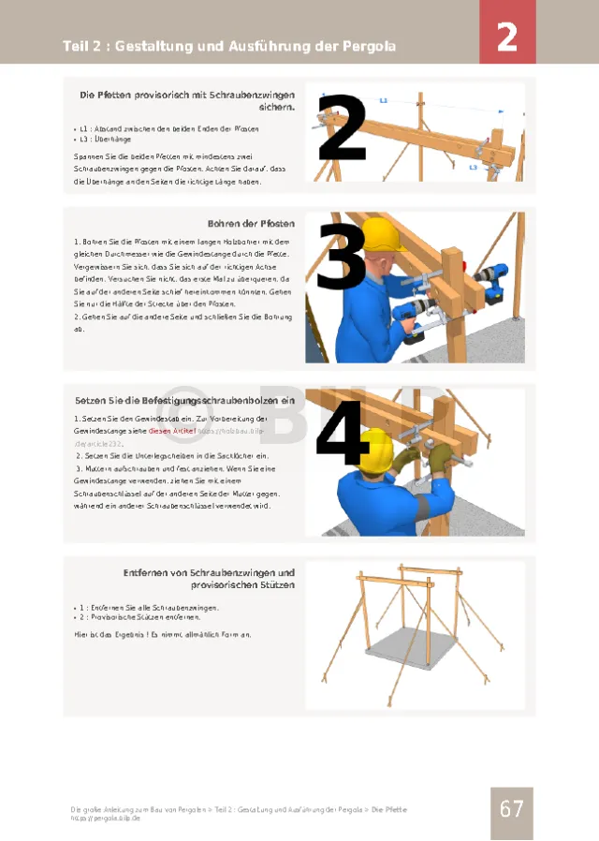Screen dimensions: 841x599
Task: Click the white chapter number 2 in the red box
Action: pyautogui.click(x=506, y=37)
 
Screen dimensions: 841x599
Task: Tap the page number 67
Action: pyautogui.click(x=511, y=808)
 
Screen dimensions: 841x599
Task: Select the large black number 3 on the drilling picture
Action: pyautogui.click(x=341, y=257)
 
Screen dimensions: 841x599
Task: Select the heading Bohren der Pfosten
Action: pyautogui.click(x=251, y=224)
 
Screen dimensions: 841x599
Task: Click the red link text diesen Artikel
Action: pyautogui.click(x=172, y=431)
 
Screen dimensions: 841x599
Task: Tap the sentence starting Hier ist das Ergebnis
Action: pyautogui.click(x=161, y=634)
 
